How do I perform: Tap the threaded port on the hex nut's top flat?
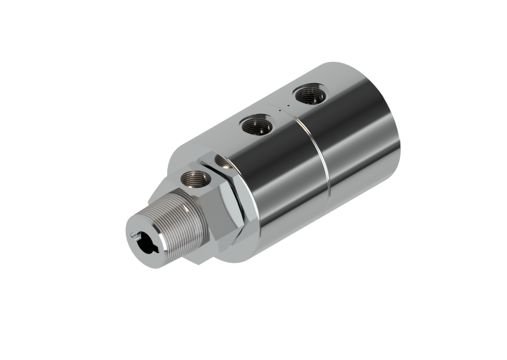tap(195, 179)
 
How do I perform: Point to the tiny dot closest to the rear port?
tap(288, 105)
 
